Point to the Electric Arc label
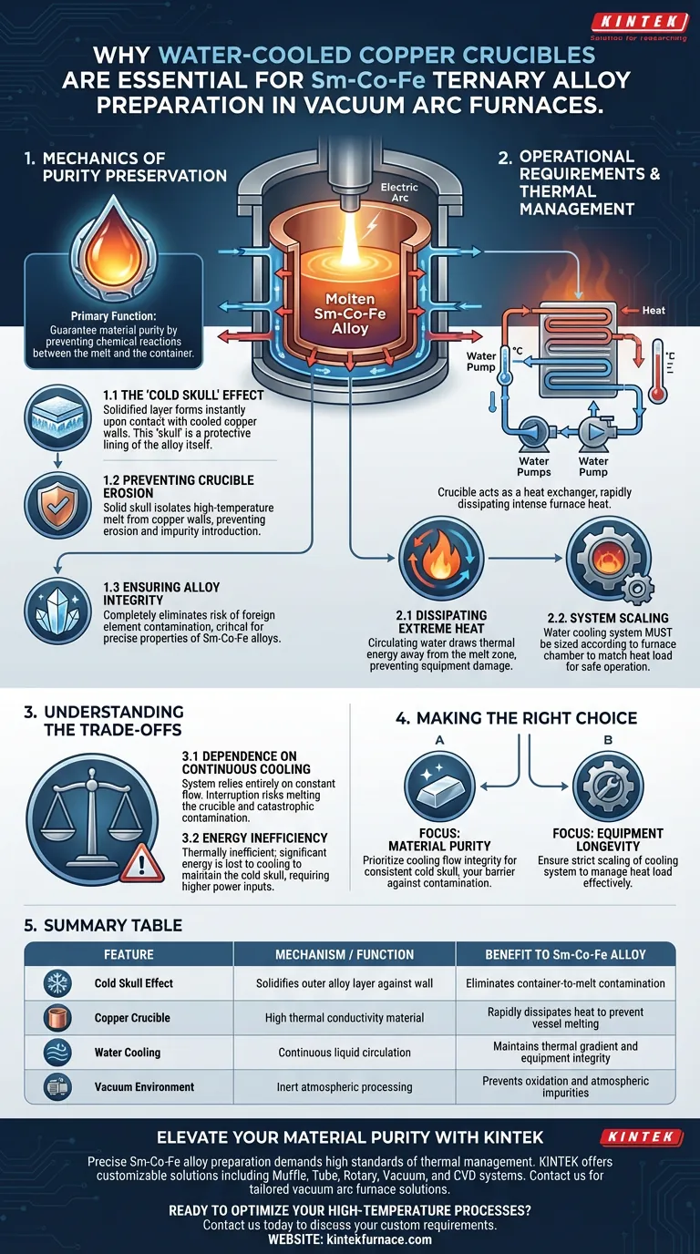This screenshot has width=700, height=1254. (x=399, y=192)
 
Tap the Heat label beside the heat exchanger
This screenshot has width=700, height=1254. (x=654, y=310)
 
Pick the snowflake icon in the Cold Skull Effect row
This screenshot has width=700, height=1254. (x=57, y=983)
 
